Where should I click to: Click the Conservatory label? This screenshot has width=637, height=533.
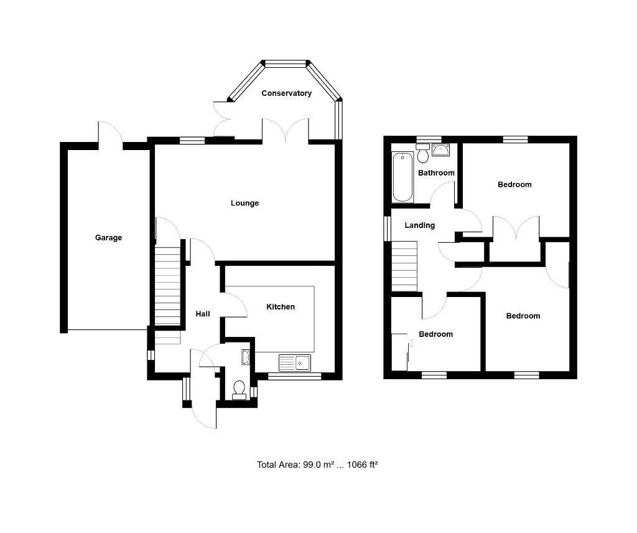(x=286, y=93)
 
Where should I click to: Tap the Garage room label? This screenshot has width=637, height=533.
(x=108, y=238)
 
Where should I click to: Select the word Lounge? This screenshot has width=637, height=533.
(x=244, y=203)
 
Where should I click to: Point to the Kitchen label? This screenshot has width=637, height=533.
(x=281, y=307)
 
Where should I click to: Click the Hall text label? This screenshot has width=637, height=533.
(x=203, y=314)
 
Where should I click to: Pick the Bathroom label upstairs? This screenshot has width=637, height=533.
(x=436, y=172)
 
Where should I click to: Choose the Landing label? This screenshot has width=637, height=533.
(x=420, y=225)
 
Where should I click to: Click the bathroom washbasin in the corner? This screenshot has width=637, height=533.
(x=441, y=149)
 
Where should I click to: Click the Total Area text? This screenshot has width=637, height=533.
(x=318, y=465)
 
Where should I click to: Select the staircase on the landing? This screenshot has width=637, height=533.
(x=404, y=266)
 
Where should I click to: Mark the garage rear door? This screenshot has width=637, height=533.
(x=110, y=133)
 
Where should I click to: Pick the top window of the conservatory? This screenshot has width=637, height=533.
(x=286, y=63)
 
